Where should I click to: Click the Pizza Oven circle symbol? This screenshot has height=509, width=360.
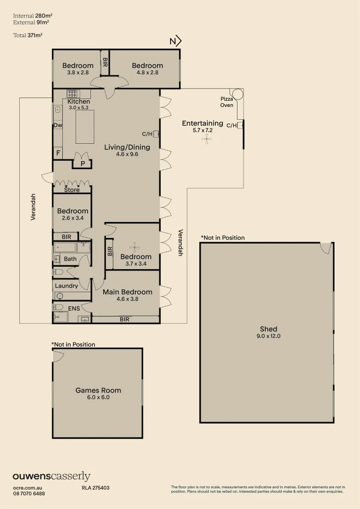[237, 94]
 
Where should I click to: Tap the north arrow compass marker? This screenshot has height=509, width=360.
[175, 41]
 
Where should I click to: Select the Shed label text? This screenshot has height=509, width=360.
[268, 329]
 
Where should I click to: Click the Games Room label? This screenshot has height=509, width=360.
[98, 390]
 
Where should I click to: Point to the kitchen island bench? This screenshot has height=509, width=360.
[85, 127]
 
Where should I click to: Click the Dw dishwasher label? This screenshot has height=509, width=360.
[57, 125]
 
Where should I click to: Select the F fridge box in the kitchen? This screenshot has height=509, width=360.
[57, 153]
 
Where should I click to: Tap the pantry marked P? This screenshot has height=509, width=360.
[83, 164]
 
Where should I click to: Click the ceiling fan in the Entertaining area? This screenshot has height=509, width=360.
[206, 138]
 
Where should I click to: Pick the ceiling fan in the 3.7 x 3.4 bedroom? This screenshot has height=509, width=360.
[135, 246]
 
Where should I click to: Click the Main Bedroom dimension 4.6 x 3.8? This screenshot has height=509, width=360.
[127, 299]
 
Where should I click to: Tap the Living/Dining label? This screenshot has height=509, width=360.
[127, 147]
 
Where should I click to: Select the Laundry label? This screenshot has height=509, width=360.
[66, 286]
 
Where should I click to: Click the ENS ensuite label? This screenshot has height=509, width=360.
[74, 309]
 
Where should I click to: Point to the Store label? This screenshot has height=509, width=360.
[72, 190]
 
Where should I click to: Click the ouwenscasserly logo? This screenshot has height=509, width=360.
[51, 476]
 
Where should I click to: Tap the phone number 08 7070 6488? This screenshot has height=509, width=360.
[29, 493]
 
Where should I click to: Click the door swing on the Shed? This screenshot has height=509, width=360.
[326, 248]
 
